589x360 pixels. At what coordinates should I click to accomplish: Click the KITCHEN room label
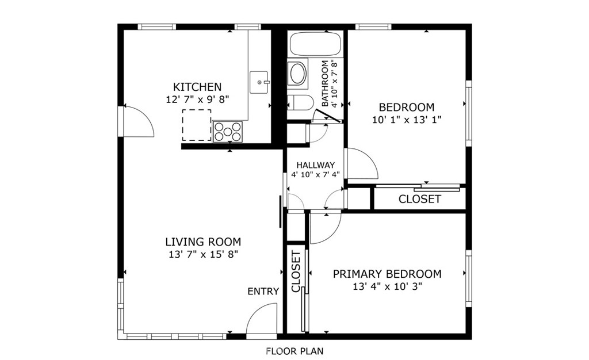(x=197, y=87)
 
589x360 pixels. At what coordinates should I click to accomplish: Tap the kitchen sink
(x=259, y=82)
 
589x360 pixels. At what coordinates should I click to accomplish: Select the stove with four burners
(x=228, y=132)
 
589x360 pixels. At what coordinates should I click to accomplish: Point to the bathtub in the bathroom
(x=315, y=44)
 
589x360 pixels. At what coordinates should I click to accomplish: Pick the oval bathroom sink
(x=297, y=74)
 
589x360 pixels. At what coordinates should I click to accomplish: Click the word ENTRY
(x=263, y=292)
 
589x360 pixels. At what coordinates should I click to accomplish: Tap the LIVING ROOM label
(x=203, y=242)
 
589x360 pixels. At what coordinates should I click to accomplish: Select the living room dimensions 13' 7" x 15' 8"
(x=203, y=255)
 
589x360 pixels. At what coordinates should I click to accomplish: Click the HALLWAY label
(x=316, y=165)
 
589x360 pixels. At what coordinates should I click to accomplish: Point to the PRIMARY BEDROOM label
(x=387, y=274)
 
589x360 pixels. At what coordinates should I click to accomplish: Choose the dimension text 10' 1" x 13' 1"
(x=407, y=120)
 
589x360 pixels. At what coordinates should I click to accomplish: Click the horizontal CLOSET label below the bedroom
(x=419, y=199)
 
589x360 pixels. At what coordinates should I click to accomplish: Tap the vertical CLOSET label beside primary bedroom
(x=296, y=272)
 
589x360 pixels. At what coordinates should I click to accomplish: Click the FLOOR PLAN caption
(x=294, y=351)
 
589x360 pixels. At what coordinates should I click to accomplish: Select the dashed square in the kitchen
(x=197, y=125)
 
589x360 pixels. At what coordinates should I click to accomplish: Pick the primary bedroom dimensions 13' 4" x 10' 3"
(x=387, y=287)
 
